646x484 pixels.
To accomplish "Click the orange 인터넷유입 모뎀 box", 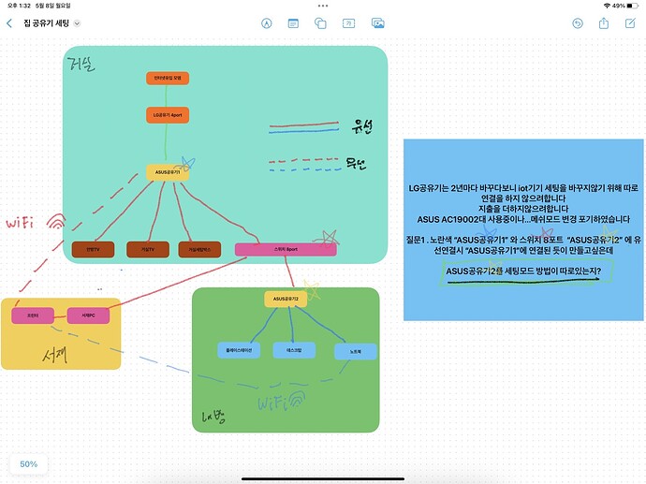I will (x=169, y=79).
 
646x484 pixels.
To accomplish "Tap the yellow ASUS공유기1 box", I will (x=169, y=173).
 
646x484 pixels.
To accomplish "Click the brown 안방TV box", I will (x=92, y=250).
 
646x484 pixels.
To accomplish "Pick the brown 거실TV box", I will (x=147, y=250).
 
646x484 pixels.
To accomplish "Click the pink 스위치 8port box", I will (x=285, y=250).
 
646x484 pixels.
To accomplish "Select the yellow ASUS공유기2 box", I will (x=286, y=300).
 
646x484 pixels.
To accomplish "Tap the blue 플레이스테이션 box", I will (x=239, y=351).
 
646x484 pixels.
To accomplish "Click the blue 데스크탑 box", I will (x=293, y=349).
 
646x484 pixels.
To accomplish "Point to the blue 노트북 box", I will (x=356, y=352).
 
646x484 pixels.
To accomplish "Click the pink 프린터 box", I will (x=32, y=315).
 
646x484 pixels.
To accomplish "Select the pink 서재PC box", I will (x=88, y=315).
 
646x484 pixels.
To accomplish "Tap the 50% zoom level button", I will (x=29, y=464).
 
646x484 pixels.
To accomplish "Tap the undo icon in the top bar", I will (x=578, y=22).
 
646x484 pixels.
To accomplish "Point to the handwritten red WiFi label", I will (x=26, y=224).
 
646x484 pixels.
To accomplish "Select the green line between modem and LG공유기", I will (x=169, y=97).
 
